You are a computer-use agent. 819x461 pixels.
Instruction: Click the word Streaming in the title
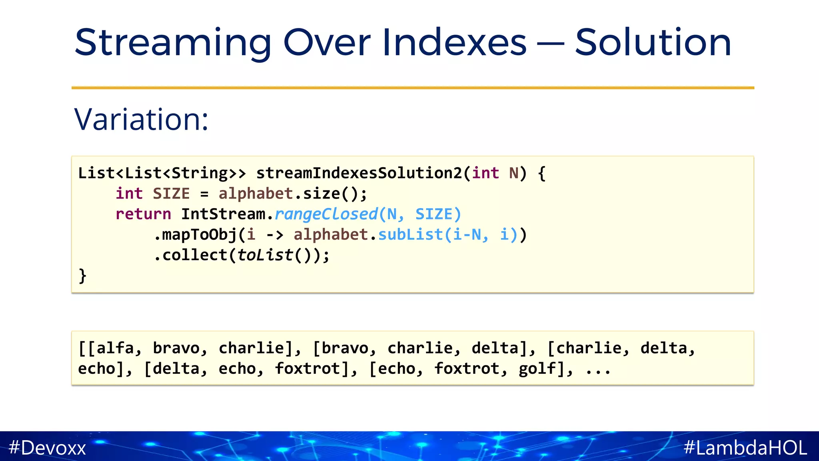click(173, 43)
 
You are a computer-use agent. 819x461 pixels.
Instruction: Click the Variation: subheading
click(141, 119)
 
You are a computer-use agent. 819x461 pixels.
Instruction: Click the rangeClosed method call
click(326, 214)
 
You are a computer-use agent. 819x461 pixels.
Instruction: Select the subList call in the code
click(410, 235)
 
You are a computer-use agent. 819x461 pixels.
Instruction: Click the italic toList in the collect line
click(265, 255)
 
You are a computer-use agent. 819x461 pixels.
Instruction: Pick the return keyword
click(143, 214)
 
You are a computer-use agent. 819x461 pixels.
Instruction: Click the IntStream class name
click(223, 214)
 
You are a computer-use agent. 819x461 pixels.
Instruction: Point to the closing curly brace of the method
click(82, 276)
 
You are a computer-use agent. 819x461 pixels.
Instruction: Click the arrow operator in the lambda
click(275, 235)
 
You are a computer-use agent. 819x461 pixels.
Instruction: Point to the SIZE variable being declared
click(171, 194)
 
